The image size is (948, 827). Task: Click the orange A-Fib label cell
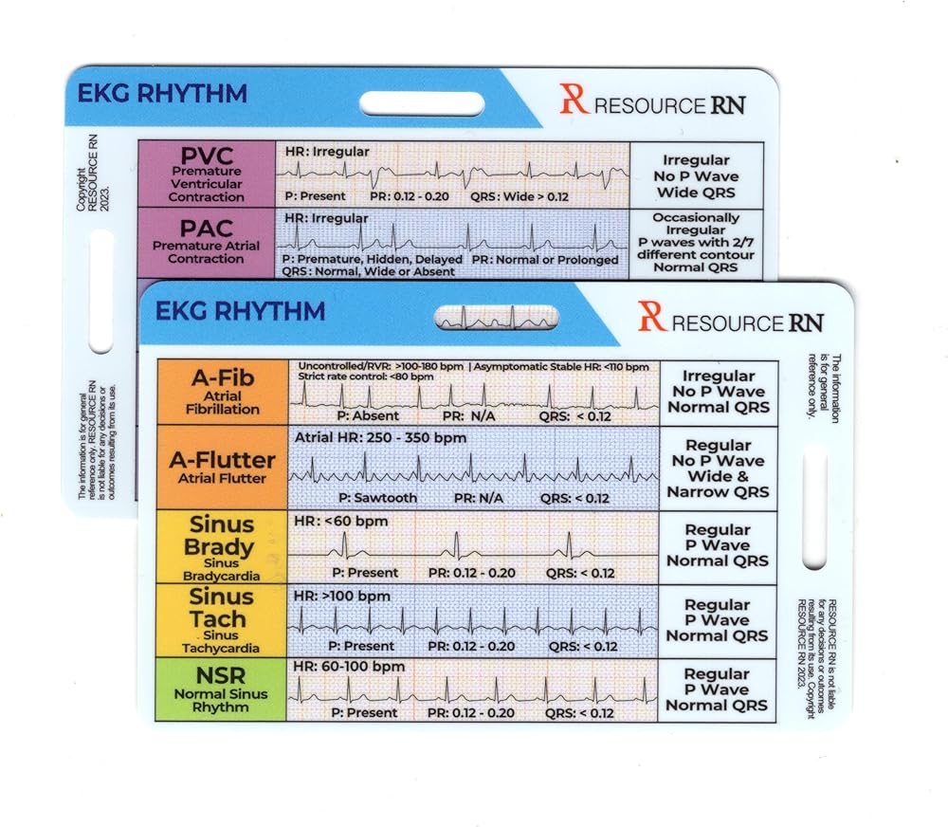click(x=223, y=392)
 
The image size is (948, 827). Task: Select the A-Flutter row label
click(x=223, y=468)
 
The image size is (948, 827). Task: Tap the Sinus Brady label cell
click(x=221, y=547)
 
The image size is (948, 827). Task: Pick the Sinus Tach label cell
click(x=221, y=620)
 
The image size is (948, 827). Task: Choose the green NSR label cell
click(x=221, y=689)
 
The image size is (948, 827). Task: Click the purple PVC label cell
click(x=207, y=175)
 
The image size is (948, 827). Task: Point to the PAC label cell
click(x=207, y=243)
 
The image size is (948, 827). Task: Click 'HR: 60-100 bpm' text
click(x=349, y=667)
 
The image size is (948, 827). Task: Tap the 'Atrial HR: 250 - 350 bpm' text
click(x=380, y=437)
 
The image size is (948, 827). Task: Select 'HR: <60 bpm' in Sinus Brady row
click(x=341, y=521)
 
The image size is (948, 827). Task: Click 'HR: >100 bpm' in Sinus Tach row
click(x=341, y=596)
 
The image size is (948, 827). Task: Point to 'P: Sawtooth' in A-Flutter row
click(x=378, y=498)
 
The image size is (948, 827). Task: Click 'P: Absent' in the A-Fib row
click(x=368, y=415)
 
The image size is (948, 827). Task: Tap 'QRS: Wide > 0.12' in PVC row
click(x=520, y=196)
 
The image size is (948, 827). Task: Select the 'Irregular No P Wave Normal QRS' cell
click(x=719, y=392)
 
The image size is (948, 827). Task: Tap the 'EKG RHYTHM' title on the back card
click(x=162, y=94)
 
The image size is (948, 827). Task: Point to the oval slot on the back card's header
click(x=422, y=103)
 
